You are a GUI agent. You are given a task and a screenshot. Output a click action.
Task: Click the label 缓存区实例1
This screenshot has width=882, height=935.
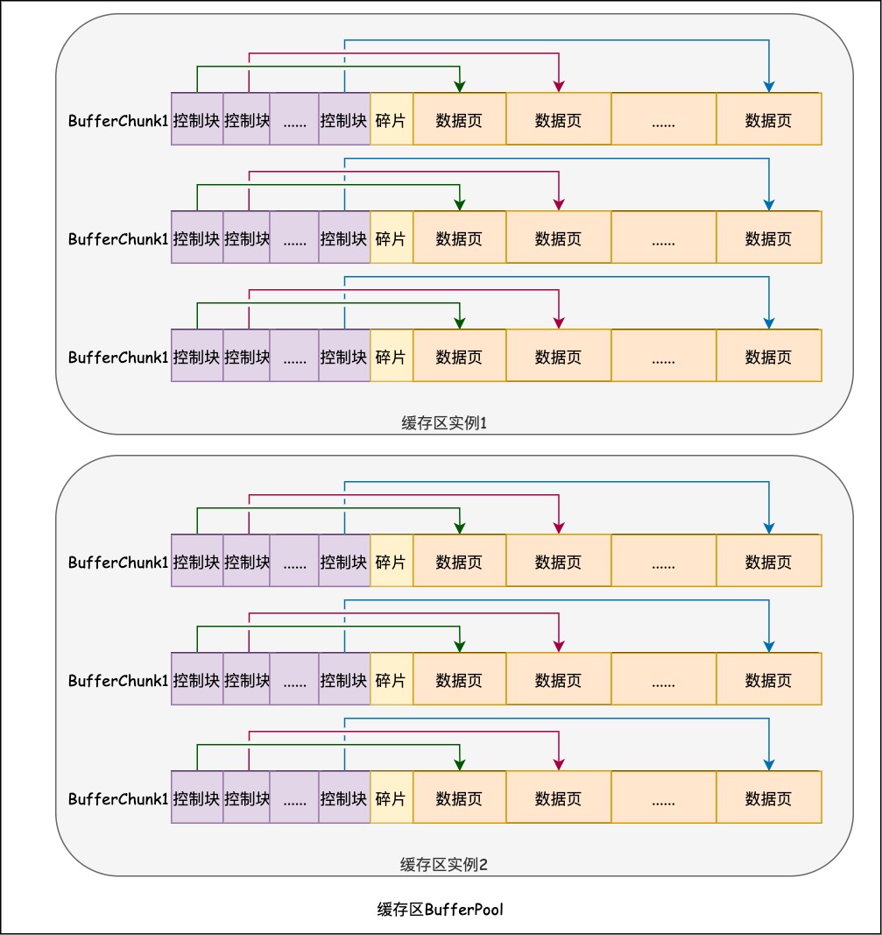[443, 423]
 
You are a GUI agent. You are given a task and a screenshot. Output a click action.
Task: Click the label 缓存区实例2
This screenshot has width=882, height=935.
[443, 865]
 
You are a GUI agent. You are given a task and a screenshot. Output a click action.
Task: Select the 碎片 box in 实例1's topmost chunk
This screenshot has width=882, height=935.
[391, 119]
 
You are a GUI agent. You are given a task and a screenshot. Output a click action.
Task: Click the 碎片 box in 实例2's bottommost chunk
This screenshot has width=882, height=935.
[391, 797]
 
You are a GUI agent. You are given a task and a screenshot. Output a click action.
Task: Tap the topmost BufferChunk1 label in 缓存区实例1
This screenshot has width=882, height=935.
[117, 121]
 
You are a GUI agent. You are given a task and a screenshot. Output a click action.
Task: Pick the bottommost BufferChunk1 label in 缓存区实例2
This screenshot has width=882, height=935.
[117, 799]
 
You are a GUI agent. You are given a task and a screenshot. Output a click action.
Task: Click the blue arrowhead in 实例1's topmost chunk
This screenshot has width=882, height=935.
[769, 86]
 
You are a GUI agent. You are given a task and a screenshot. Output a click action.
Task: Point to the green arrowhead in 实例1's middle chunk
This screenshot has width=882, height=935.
[459, 204]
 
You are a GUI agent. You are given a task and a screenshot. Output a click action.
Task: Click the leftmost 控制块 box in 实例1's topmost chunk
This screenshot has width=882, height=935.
[197, 119]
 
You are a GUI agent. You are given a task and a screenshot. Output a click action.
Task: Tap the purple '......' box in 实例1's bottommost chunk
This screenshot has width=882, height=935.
[294, 356]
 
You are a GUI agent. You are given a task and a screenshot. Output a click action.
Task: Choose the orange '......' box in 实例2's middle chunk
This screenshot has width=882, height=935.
[663, 679]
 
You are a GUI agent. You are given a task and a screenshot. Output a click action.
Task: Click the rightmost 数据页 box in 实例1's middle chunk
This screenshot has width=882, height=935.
[768, 237]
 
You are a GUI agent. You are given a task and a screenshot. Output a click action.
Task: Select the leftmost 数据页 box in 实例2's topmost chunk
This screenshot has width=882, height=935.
[459, 561]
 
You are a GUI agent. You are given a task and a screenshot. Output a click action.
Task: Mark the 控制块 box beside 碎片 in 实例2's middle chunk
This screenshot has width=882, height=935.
[344, 679]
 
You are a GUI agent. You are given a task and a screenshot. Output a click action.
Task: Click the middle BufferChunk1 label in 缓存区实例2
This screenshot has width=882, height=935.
[117, 681]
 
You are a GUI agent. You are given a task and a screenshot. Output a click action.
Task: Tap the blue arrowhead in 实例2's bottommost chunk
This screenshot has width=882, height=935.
[769, 764]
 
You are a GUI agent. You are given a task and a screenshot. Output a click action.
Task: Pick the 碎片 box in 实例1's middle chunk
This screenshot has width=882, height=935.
[391, 237]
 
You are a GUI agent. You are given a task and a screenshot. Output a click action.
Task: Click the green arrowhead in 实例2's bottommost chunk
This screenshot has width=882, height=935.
[459, 764]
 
